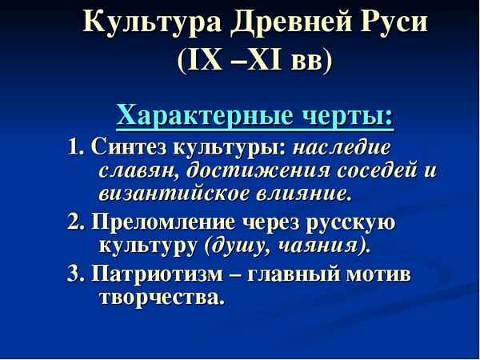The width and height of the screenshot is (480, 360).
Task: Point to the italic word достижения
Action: [253, 170]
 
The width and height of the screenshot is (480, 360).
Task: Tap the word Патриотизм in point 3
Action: [150, 276]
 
